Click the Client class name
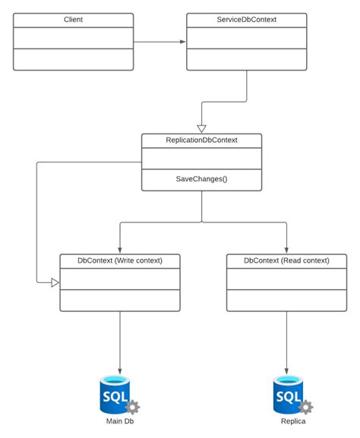coord(74,19)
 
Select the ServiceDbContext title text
coord(247,19)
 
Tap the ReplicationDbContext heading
coord(201,140)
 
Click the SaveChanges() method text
coord(201,180)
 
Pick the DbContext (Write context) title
coord(120,260)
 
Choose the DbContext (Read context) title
coord(286,260)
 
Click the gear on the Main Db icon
coord(133,406)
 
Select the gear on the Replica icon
coord(306,406)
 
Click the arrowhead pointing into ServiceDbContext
coord(182,41)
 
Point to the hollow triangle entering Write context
coord(55,282)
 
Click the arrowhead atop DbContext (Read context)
coord(286,250)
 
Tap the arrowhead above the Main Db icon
coord(120,367)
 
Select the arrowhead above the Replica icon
coord(286,367)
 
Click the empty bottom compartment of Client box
coord(74,59)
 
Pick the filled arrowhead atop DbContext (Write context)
coord(120,250)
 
